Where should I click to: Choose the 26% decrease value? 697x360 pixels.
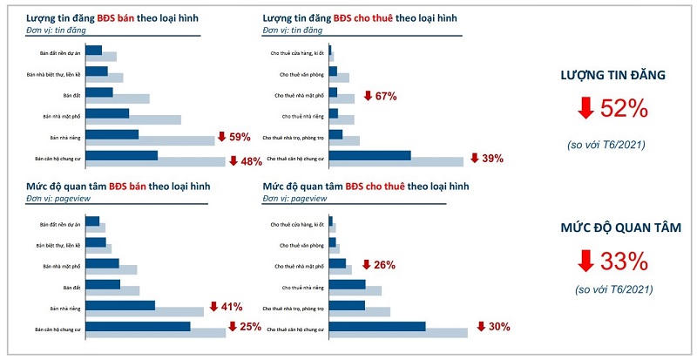coord(384,264)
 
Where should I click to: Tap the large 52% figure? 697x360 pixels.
coord(625,108)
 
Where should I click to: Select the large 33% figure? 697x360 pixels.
coord(625,260)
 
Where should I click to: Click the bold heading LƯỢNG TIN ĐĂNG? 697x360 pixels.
coord(612,76)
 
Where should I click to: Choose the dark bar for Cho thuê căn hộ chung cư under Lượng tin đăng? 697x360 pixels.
coord(369,156)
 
